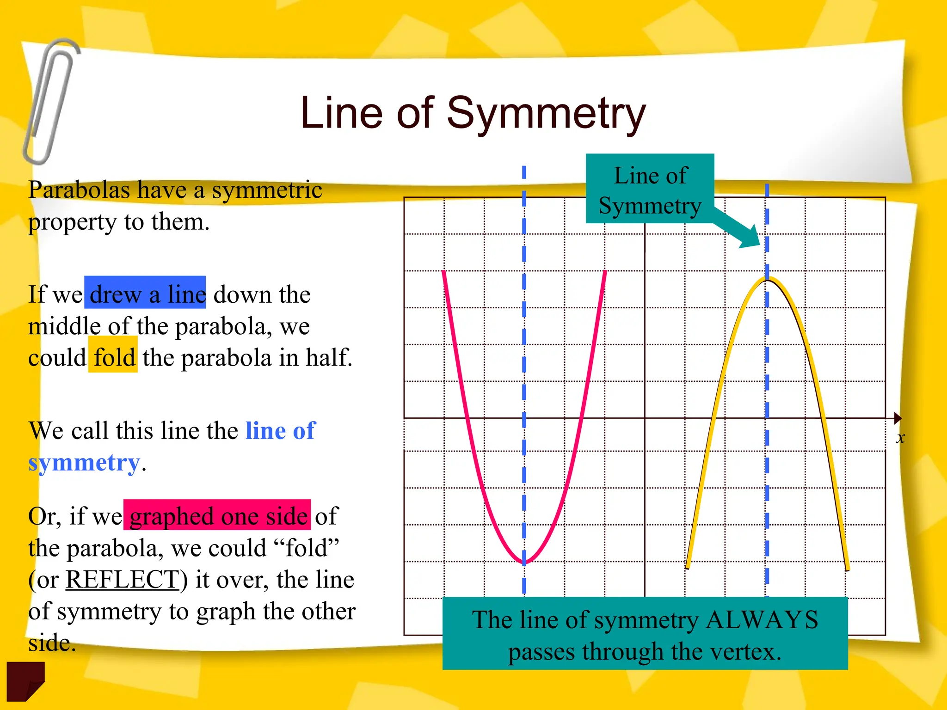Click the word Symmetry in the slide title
click(546, 113)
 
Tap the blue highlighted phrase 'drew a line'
click(146, 294)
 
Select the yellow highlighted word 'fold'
click(114, 357)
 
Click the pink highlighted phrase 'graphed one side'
click(218, 516)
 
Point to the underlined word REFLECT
click(123, 579)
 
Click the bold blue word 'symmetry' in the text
click(84, 462)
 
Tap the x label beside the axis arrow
click(900, 437)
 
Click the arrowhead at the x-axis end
click(898, 418)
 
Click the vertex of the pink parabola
click(524, 562)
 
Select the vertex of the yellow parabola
click(767, 279)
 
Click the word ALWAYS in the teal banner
click(762, 620)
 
